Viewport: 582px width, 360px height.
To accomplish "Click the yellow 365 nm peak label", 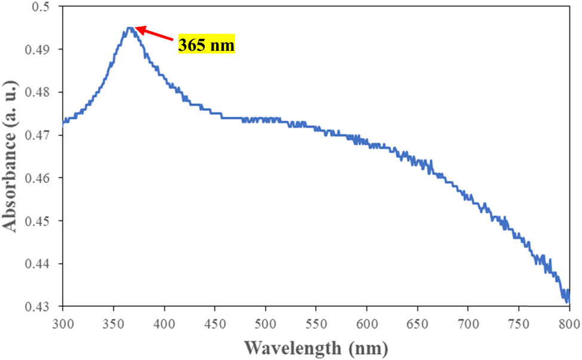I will tap(207, 45).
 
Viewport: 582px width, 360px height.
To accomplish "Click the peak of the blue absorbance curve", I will tap(130, 27).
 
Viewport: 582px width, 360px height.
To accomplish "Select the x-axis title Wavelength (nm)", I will tap(316, 347).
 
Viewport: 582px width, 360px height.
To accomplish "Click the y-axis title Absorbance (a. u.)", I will tap(10, 157).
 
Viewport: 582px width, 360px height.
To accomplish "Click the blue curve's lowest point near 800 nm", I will tap(566, 301).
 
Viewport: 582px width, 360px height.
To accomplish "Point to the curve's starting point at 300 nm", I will tap(63, 125).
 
